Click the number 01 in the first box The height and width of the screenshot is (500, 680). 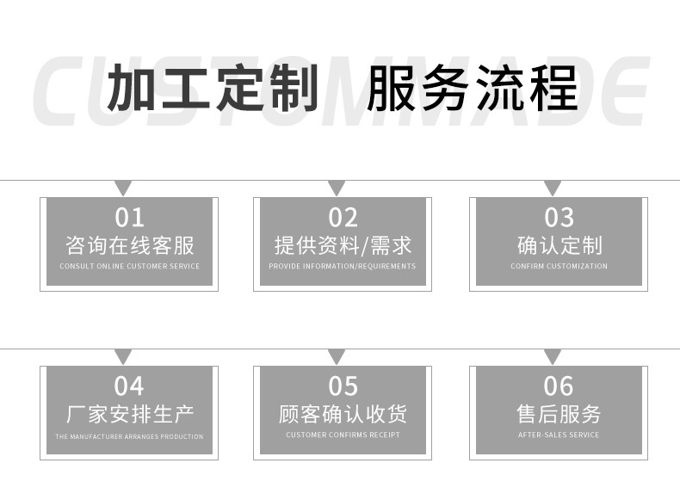tap(129, 218)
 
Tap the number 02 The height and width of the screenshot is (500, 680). tap(343, 218)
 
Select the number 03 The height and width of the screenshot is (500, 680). tap(559, 218)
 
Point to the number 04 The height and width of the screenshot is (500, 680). tap(129, 386)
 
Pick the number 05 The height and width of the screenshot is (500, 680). tap(343, 386)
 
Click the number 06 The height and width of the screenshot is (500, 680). tap(559, 386)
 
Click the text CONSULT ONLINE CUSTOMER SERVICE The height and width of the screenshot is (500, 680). tap(130, 266)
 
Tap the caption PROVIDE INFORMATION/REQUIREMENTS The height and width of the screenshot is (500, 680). tap(343, 266)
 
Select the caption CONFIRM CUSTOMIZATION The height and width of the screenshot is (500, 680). tap(559, 266)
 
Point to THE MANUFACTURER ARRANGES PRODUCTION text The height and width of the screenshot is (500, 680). tap(129, 436)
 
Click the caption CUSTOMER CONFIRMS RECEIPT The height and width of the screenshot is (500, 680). tap(343, 435)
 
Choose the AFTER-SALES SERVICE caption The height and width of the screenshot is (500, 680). tap(559, 435)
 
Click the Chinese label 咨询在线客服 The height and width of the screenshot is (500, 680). tap(130, 245)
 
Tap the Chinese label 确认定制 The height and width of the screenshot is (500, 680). tap(559, 245)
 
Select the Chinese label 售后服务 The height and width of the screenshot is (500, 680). tap(559, 414)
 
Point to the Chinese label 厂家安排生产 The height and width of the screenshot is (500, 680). tap(130, 414)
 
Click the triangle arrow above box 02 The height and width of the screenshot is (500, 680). tap(337, 187)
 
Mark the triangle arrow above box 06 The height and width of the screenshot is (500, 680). tap(552, 355)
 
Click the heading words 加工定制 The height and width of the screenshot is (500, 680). tap(213, 87)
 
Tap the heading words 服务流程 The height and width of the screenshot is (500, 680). tap(473, 87)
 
